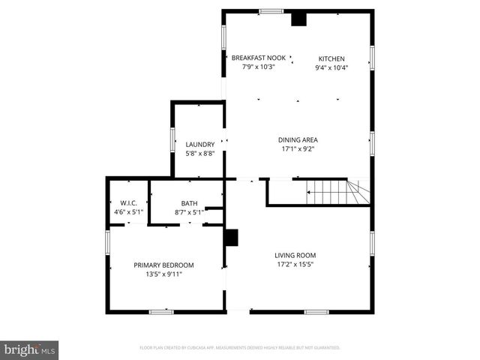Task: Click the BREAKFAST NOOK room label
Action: coord(258,58)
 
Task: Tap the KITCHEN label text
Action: coord(331,58)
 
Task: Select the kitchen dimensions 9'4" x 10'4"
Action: coord(331,67)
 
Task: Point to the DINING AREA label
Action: coord(298,139)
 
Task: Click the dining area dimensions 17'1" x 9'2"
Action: coord(298,148)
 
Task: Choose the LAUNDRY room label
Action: coord(200,144)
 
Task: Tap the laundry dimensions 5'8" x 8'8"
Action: coord(200,153)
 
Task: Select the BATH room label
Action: coord(189,203)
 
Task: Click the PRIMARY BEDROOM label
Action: coord(163,265)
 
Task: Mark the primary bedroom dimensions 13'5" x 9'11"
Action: coord(163,274)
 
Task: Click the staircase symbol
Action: coord(337,193)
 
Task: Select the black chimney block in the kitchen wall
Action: coord(298,19)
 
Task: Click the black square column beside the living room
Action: coord(231,238)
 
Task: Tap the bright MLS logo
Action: coord(29,350)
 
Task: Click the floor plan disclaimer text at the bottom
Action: coord(240,348)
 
